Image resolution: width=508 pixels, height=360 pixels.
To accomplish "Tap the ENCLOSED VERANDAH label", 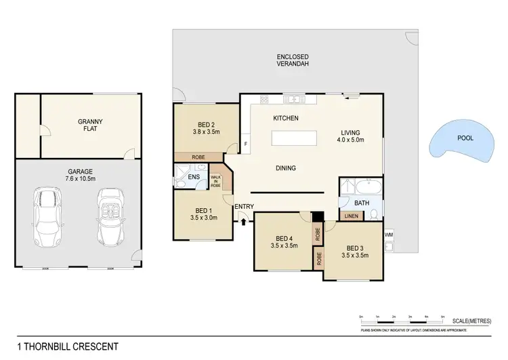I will [293, 60].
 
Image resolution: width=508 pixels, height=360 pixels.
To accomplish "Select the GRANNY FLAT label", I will [89, 125].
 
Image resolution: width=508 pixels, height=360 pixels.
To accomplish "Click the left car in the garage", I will [49, 217].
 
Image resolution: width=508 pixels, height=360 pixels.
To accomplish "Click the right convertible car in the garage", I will [109, 217].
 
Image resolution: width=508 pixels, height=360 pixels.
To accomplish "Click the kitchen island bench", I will [294, 138].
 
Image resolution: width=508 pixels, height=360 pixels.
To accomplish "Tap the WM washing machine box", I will [388, 235].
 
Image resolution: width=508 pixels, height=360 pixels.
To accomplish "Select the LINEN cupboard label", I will [352, 216].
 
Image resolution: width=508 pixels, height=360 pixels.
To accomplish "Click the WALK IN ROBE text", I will [216, 180].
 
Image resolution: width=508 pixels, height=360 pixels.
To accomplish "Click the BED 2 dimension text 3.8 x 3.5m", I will [206, 134].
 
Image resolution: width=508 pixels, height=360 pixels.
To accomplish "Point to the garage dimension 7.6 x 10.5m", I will [80, 180].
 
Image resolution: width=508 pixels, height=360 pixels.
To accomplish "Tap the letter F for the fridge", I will [246, 145].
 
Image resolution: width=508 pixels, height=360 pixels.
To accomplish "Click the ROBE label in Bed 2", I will [198, 156].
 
